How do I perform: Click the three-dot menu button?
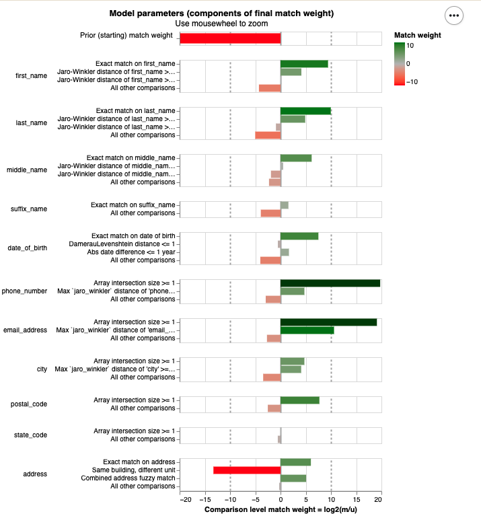coord(453,15)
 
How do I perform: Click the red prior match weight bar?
coord(230,38)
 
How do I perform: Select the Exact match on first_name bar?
coord(304,64)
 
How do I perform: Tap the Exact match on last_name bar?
coord(305,111)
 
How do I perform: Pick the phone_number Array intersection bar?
coord(330,283)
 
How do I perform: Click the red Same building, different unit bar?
coord(247,470)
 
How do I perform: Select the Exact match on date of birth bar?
coord(299,236)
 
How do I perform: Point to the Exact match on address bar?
coord(295,462)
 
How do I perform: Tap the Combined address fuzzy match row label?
coord(128,478)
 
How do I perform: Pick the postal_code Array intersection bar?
coord(300,400)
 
